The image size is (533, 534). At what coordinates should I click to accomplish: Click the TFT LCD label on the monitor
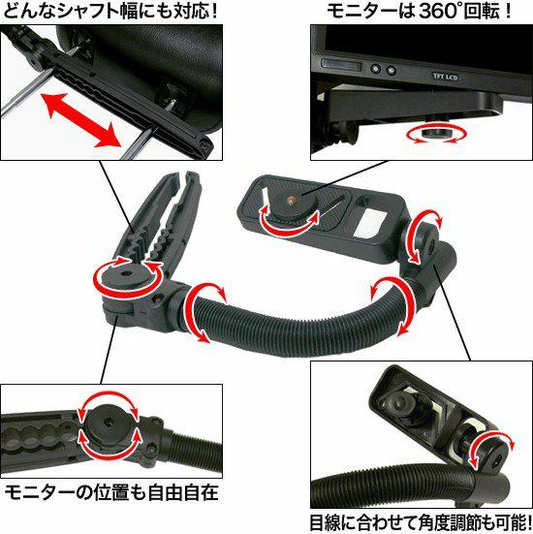tap(445, 77)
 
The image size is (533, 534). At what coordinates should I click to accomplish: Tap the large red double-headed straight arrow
tap(82, 119)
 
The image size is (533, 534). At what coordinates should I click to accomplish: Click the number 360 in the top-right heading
tap(437, 11)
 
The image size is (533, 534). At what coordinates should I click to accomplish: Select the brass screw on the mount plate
tap(292, 200)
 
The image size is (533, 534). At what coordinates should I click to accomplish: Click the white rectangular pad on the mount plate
tap(370, 223)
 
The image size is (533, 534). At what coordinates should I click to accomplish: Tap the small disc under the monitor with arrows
tap(435, 133)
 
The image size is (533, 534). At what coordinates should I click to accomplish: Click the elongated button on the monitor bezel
tap(341, 64)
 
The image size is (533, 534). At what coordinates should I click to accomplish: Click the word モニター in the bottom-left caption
tap(40, 492)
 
